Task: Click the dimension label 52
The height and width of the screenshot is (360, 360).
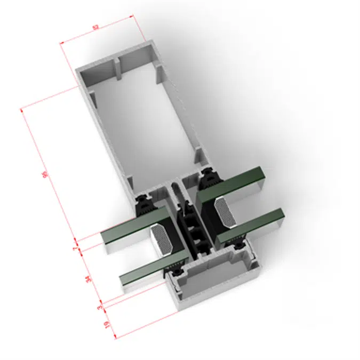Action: click(96, 27)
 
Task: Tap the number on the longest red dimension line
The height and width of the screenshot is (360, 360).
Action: click(45, 175)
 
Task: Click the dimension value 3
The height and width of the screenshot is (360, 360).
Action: click(100, 307)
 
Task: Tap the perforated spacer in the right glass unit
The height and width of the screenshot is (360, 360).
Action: click(223, 206)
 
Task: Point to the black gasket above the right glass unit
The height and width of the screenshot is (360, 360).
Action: click(209, 177)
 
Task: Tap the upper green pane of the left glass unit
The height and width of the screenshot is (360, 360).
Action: click(131, 227)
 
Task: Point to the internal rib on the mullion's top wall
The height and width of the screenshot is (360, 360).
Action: click(116, 67)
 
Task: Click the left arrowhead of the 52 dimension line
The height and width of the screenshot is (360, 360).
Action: click(61, 44)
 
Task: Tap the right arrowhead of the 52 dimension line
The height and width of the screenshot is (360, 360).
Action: click(131, 17)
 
